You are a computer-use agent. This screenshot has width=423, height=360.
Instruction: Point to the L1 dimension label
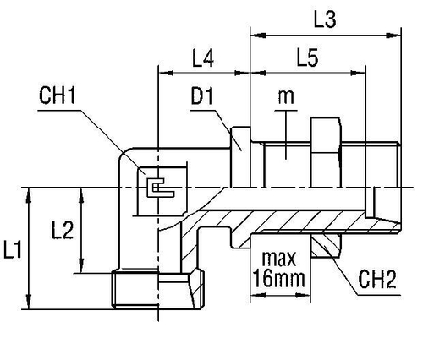tap(13, 249)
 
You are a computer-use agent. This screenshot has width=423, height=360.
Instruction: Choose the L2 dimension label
tap(61, 229)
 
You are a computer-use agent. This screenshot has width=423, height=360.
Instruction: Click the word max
tap(277, 256)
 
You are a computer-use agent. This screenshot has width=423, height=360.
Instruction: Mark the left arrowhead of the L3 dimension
tap(254, 36)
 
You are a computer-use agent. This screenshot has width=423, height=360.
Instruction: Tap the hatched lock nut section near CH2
tap(325, 245)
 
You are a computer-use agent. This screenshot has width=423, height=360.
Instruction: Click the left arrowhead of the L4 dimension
tap(162, 77)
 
